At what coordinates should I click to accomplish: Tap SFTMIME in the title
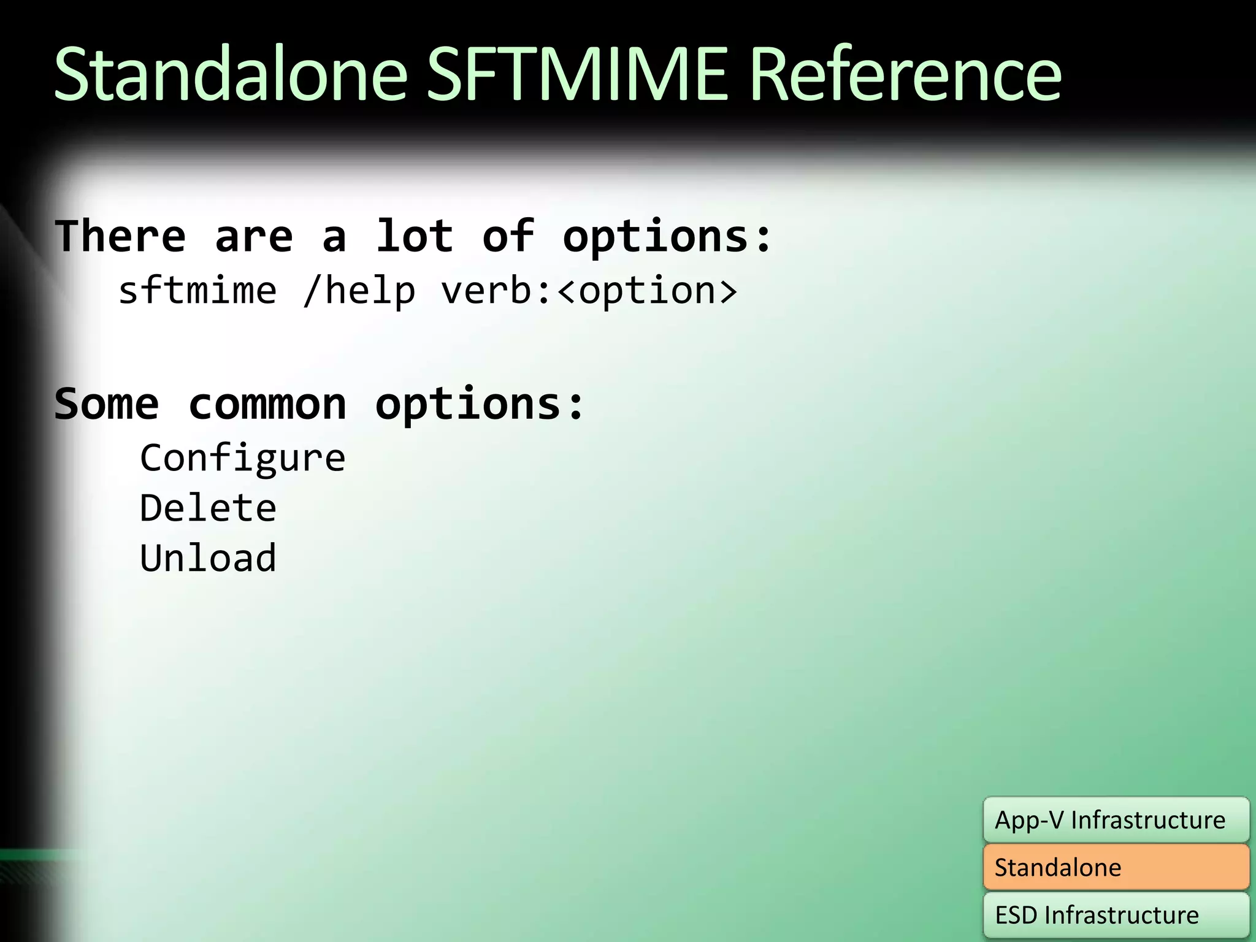[x=576, y=75]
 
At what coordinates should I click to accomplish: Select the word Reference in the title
[x=905, y=75]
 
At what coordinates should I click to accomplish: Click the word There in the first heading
[x=120, y=237]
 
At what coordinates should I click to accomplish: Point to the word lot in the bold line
[x=414, y=237]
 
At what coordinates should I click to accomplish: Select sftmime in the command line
[x=197, y=291]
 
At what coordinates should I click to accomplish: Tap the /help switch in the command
[x=359, y=291]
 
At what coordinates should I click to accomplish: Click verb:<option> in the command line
[x=589, y=291]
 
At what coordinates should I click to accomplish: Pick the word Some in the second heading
[x=107, y=405]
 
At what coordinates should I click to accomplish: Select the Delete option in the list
[x=208, y=508]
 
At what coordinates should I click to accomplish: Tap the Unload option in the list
[x=208, y=558]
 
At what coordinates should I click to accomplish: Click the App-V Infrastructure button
[x=1116, y=820]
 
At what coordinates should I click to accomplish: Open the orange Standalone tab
[x=1116, y=867]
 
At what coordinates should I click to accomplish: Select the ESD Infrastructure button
[x=1116, y=915]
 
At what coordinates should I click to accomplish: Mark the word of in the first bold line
[x=508, y=237]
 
